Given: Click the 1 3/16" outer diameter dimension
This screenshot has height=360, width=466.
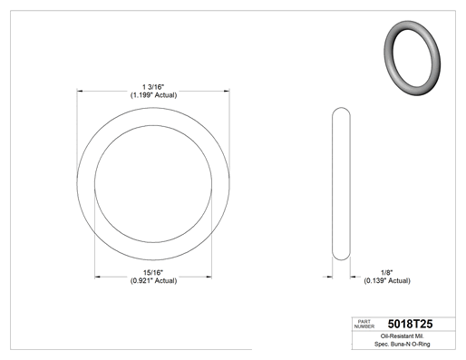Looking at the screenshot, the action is point(153,87).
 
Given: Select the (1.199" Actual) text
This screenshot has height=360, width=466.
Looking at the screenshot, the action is point(153,95).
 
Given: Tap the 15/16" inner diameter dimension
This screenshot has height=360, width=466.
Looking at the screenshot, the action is point(153,273).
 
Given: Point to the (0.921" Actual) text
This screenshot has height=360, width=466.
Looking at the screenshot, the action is point(153,281).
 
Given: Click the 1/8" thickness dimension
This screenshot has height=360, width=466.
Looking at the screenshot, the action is point(387,273).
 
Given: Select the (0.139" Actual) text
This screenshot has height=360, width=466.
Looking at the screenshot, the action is point(387,281).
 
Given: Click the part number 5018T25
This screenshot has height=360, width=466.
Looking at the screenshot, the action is point(410,324).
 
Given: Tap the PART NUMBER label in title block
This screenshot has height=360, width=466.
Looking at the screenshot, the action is point(364,324).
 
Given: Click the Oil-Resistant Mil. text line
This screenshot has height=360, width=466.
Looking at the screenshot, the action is point(403,336).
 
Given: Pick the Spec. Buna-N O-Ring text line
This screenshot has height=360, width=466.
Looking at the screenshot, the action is point(403,344).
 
